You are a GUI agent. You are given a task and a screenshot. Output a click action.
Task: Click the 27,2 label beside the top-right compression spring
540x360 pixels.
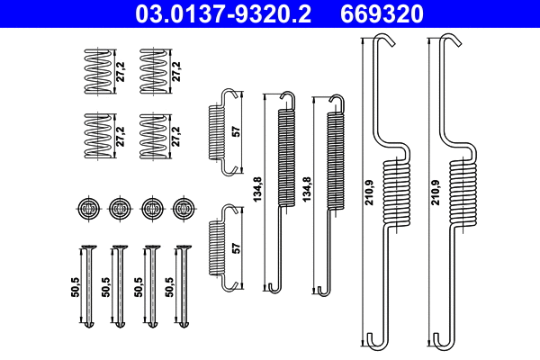pos(177,67)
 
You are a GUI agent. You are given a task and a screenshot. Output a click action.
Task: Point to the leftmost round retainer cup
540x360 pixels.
pos(86,208)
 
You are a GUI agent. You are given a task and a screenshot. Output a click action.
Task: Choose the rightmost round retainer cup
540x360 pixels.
pos(184,208)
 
